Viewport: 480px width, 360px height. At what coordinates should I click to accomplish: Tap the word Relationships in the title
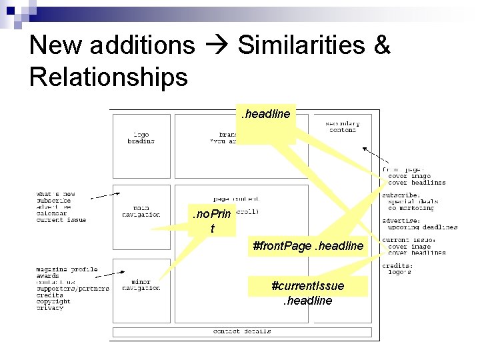[108, 77]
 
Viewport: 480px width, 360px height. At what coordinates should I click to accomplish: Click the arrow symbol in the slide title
[216, 46]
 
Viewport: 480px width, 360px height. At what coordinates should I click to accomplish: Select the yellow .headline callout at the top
[265, 115]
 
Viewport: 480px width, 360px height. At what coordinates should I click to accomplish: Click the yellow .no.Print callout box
[211, 221]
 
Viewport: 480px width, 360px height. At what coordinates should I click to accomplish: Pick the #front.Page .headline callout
[308, 246]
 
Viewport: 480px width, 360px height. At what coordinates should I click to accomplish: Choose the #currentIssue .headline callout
[308, 293]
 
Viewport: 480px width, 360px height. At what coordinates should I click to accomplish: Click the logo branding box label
[141, 138]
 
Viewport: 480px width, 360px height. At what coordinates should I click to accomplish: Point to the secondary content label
[343, 127]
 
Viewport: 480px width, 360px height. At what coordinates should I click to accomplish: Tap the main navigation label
[141, 212]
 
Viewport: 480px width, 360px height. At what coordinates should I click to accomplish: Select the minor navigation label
[141, 285]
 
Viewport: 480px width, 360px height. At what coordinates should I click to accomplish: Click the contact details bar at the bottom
[241, 331]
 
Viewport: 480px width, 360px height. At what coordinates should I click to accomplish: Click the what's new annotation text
[56, 194]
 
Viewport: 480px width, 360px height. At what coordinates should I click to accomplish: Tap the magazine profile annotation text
[67, 269]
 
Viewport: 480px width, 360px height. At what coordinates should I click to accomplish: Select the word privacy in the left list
[50, 308]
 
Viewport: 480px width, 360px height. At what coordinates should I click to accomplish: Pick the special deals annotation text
[413, 201]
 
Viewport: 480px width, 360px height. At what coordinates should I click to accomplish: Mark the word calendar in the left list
[52, 213]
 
